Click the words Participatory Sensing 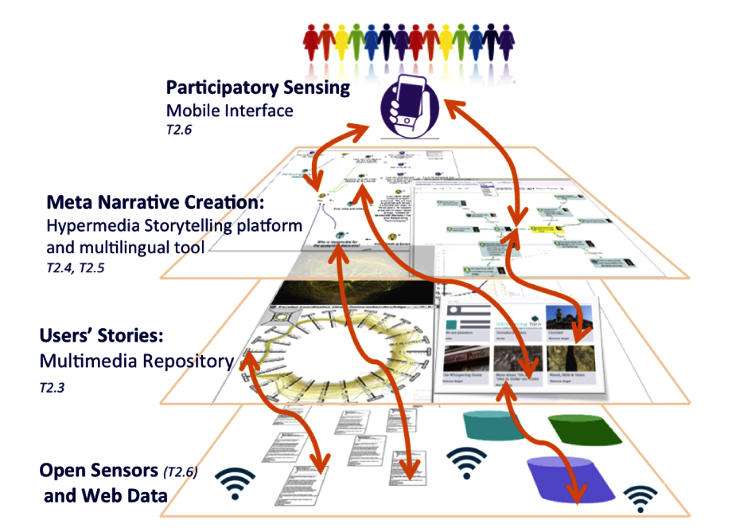(258, 88)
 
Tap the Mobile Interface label (230, 111)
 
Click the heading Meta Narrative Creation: (155, 202)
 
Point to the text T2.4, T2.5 (75, 268)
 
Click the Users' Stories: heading (102, 335)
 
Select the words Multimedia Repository (137, 361)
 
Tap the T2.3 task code (52, 388)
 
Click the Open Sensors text (98, 470)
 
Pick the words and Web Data (105, 496)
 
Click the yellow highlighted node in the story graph (549, 229)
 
